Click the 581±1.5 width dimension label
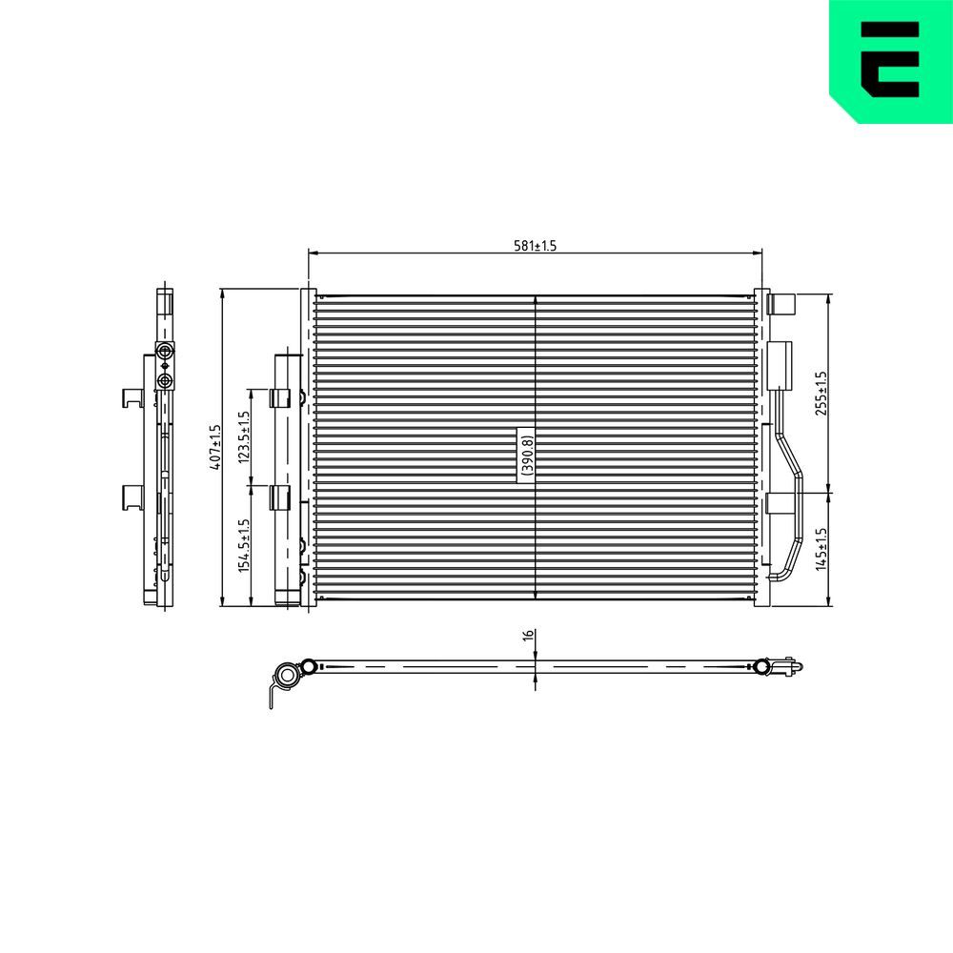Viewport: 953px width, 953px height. point(535,246)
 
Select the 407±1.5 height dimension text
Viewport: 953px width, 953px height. point(215,447)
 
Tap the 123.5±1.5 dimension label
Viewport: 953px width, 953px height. point(244,436)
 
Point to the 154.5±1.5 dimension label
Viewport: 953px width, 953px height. point(244,545)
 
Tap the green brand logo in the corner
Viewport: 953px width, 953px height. point(891,59)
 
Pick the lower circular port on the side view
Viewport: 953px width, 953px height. point(166,381)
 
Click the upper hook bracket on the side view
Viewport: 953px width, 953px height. point(132,397)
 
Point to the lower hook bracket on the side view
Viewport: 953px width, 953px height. point(132,496)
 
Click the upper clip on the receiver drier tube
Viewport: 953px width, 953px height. point(280,398)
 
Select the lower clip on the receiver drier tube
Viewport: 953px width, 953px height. point(280,497)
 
